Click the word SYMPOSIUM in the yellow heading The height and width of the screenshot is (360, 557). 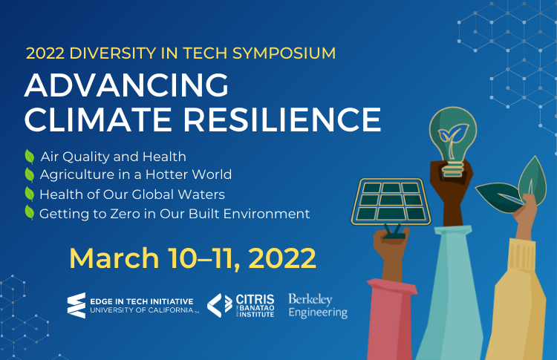(284, 53)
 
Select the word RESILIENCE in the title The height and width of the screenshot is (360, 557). (282, 120)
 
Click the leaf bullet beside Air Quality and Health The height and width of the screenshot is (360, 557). (30, 157)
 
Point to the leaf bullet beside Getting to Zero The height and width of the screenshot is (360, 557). (30, 213)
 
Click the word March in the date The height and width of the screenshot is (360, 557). (114, 258)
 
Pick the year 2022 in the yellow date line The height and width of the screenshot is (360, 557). (282, 258)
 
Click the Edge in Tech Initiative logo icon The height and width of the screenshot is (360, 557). (76, 305)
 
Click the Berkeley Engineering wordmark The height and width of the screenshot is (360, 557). (318, 306)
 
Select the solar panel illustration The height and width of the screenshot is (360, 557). (391, 202)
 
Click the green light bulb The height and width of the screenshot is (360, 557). (452, 141)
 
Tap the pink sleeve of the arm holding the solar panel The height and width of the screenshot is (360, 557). (391, 319)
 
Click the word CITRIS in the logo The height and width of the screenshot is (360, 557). (255, 299)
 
